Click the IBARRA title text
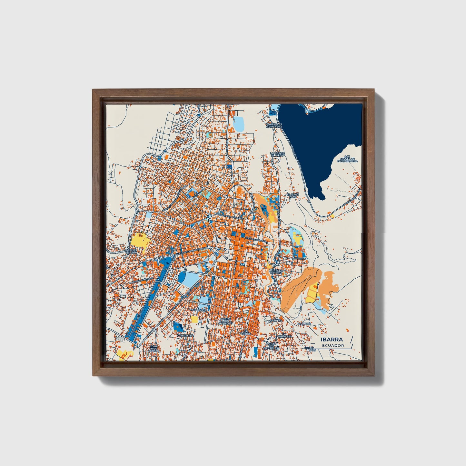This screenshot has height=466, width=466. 332,340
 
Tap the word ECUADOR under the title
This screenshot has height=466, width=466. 333,345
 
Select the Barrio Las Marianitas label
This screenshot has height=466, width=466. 274,125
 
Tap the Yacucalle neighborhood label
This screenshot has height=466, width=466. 198,310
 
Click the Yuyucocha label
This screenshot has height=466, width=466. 185,335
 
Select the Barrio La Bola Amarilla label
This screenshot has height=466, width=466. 225,321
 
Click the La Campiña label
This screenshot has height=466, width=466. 276,320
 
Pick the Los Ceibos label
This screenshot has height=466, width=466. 246,332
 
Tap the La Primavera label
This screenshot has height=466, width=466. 284,336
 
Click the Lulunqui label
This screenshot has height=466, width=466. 304,323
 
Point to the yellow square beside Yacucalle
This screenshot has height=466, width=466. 194,319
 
